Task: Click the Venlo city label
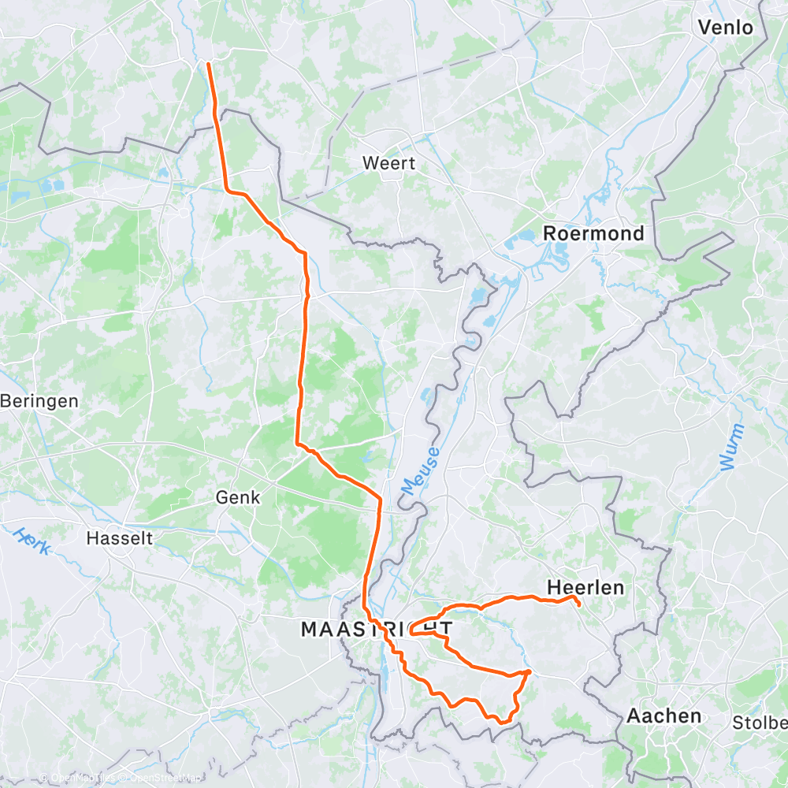[726, 28]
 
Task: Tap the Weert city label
[388, 163]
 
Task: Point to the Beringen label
[39, 401]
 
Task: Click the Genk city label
[238, 497]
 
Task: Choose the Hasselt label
[119, 538]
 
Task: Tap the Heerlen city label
[585, 587]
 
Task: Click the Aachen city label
[663, 716]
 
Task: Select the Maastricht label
[377, 629]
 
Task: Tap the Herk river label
[32, 540]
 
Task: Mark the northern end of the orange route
[208, 63]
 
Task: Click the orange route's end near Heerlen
[579, 605]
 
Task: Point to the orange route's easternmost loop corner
[529, 671]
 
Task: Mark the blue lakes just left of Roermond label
[520, 236]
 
